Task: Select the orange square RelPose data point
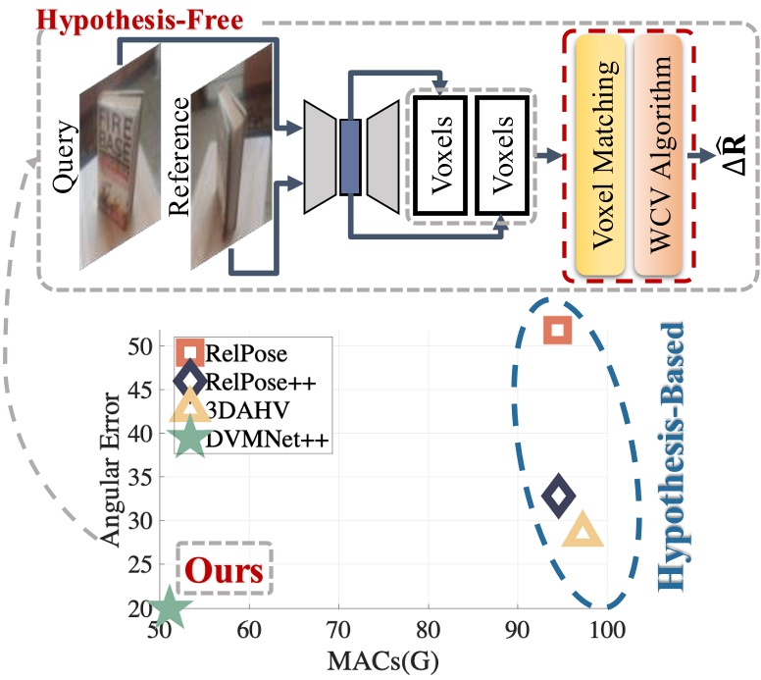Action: (x=557, y=330)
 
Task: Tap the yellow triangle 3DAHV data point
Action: (x=583, y=533)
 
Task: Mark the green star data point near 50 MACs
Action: (x=168, y=607)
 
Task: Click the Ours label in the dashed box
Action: (x=226, y=570)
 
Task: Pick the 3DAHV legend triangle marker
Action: (x=188, y=407)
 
